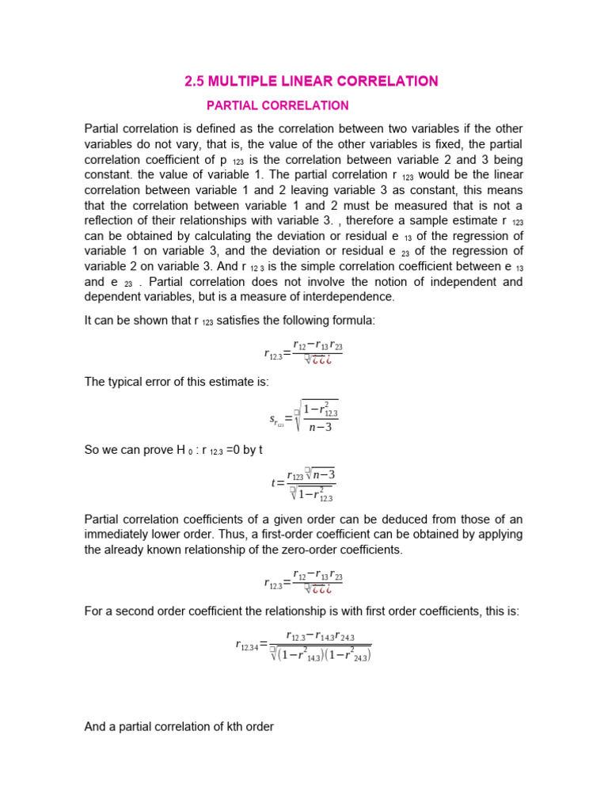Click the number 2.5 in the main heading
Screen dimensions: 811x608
click(x=195, y=81)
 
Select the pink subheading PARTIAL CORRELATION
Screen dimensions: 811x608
click(x=277, y=105)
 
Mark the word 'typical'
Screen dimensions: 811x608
click(x=126, y=382)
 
